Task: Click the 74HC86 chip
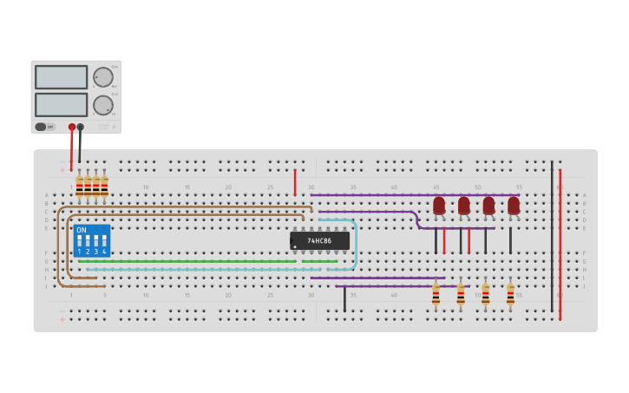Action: click(x=319, y=240)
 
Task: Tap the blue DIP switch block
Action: click(x=92, y=240)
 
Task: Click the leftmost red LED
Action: click(x=439, y=206)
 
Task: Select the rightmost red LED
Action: click(x=514, y=206)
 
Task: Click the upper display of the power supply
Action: click(x=61, y=77)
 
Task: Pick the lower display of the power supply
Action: click(x=61, y=105)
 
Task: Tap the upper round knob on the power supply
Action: click(x=103, y=77)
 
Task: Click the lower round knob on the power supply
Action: click(x=103, y=106)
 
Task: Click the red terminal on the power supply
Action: click(x=72, y=128)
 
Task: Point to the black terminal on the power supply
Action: click(x=81, y=128)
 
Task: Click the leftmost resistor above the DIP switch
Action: click(x=79, y=187)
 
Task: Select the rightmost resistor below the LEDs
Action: click(x=510, y=295)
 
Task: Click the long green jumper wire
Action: click(x=191, y=261)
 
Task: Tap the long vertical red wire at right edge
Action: click(x=560, y=243)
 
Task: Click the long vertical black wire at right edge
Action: click(x=551, y=234)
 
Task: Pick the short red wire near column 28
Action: click(x=295, y=182)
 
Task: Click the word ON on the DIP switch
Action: click(x=82, y=231)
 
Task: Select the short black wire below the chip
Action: click(x=344, y=299)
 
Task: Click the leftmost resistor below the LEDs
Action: click(x=436, y=295)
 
